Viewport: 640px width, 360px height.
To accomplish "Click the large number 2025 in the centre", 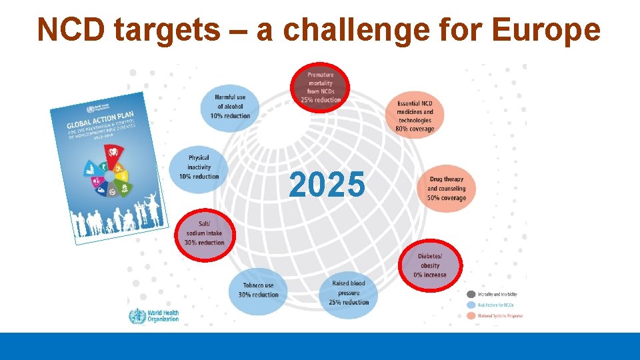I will coord(327,185).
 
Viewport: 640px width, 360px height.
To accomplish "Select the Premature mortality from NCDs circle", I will coord(320,87).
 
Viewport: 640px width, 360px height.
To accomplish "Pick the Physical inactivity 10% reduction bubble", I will coord(198,167).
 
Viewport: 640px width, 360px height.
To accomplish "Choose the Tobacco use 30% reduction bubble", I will coord(258,290).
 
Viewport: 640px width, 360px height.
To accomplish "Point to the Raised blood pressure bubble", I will coord(348,292).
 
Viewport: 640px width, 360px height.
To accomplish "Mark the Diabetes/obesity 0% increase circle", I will coord(429,265).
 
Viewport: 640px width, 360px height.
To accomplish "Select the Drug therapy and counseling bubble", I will coord(446,189).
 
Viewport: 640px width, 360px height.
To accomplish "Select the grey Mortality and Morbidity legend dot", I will coord(471,294).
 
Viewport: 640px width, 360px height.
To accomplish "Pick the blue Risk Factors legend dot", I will coord(471,305).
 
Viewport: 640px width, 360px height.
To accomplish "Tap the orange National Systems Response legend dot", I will coord(471,315).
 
